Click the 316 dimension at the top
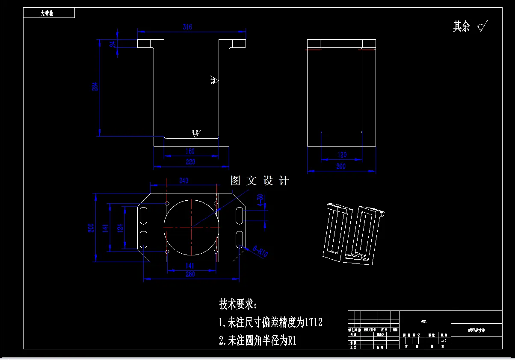[187, 27]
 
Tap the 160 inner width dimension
[190, 151]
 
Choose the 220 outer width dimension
[190, 162]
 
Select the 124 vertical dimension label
[120, 227]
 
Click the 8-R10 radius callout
[260, 252]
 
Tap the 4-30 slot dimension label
[260, 199]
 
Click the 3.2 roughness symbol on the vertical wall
[214, 80]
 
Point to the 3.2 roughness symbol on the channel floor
[195, 134]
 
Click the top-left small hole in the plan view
[167, 203]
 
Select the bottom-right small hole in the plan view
[216, 252]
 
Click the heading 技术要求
[238, 304]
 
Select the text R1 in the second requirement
[292, 340]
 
